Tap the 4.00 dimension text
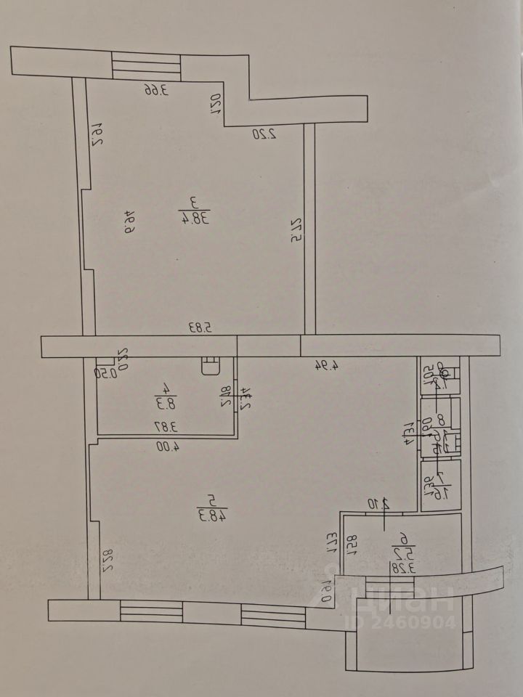click(166, 447)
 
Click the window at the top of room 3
click(145, 66)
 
